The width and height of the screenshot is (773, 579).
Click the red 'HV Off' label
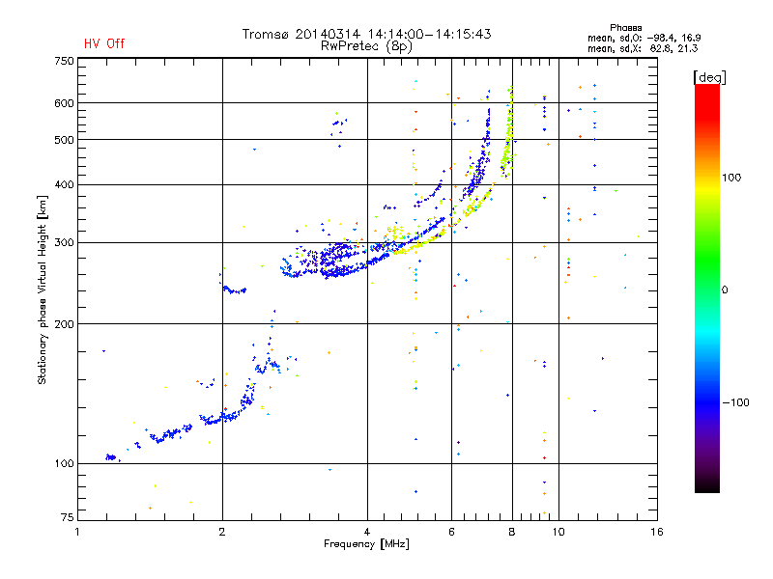pos(104,43)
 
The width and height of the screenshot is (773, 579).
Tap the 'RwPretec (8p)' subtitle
pos(366,46)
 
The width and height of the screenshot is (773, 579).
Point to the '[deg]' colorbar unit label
pos(709,77)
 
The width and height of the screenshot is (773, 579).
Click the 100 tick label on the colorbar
pos(731,178)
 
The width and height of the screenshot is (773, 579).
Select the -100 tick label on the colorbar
pos(735,402)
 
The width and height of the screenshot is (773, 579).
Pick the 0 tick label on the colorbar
pos(725,290)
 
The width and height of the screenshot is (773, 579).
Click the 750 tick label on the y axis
pos(65,61)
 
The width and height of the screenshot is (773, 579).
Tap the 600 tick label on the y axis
pos(65,103)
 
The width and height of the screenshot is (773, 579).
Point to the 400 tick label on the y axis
pos(65,185)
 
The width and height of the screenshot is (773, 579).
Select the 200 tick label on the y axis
pos(65,324)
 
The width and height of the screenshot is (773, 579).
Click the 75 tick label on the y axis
pos(68,517)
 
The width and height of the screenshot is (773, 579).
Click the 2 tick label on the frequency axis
pos(222,532)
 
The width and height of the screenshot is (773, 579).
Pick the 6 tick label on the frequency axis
pos(451,532)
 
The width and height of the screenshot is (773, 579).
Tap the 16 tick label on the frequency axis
pos(657,532)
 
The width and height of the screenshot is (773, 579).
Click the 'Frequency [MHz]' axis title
pos(366,544)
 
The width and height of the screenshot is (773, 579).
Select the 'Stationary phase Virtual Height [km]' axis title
pos(43,289)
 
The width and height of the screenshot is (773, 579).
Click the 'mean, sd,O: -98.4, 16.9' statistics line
pos(644,38)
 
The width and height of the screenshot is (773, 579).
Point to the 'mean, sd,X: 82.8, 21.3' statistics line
pos(643,49)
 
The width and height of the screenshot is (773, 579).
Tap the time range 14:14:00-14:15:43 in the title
pos(429,34)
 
